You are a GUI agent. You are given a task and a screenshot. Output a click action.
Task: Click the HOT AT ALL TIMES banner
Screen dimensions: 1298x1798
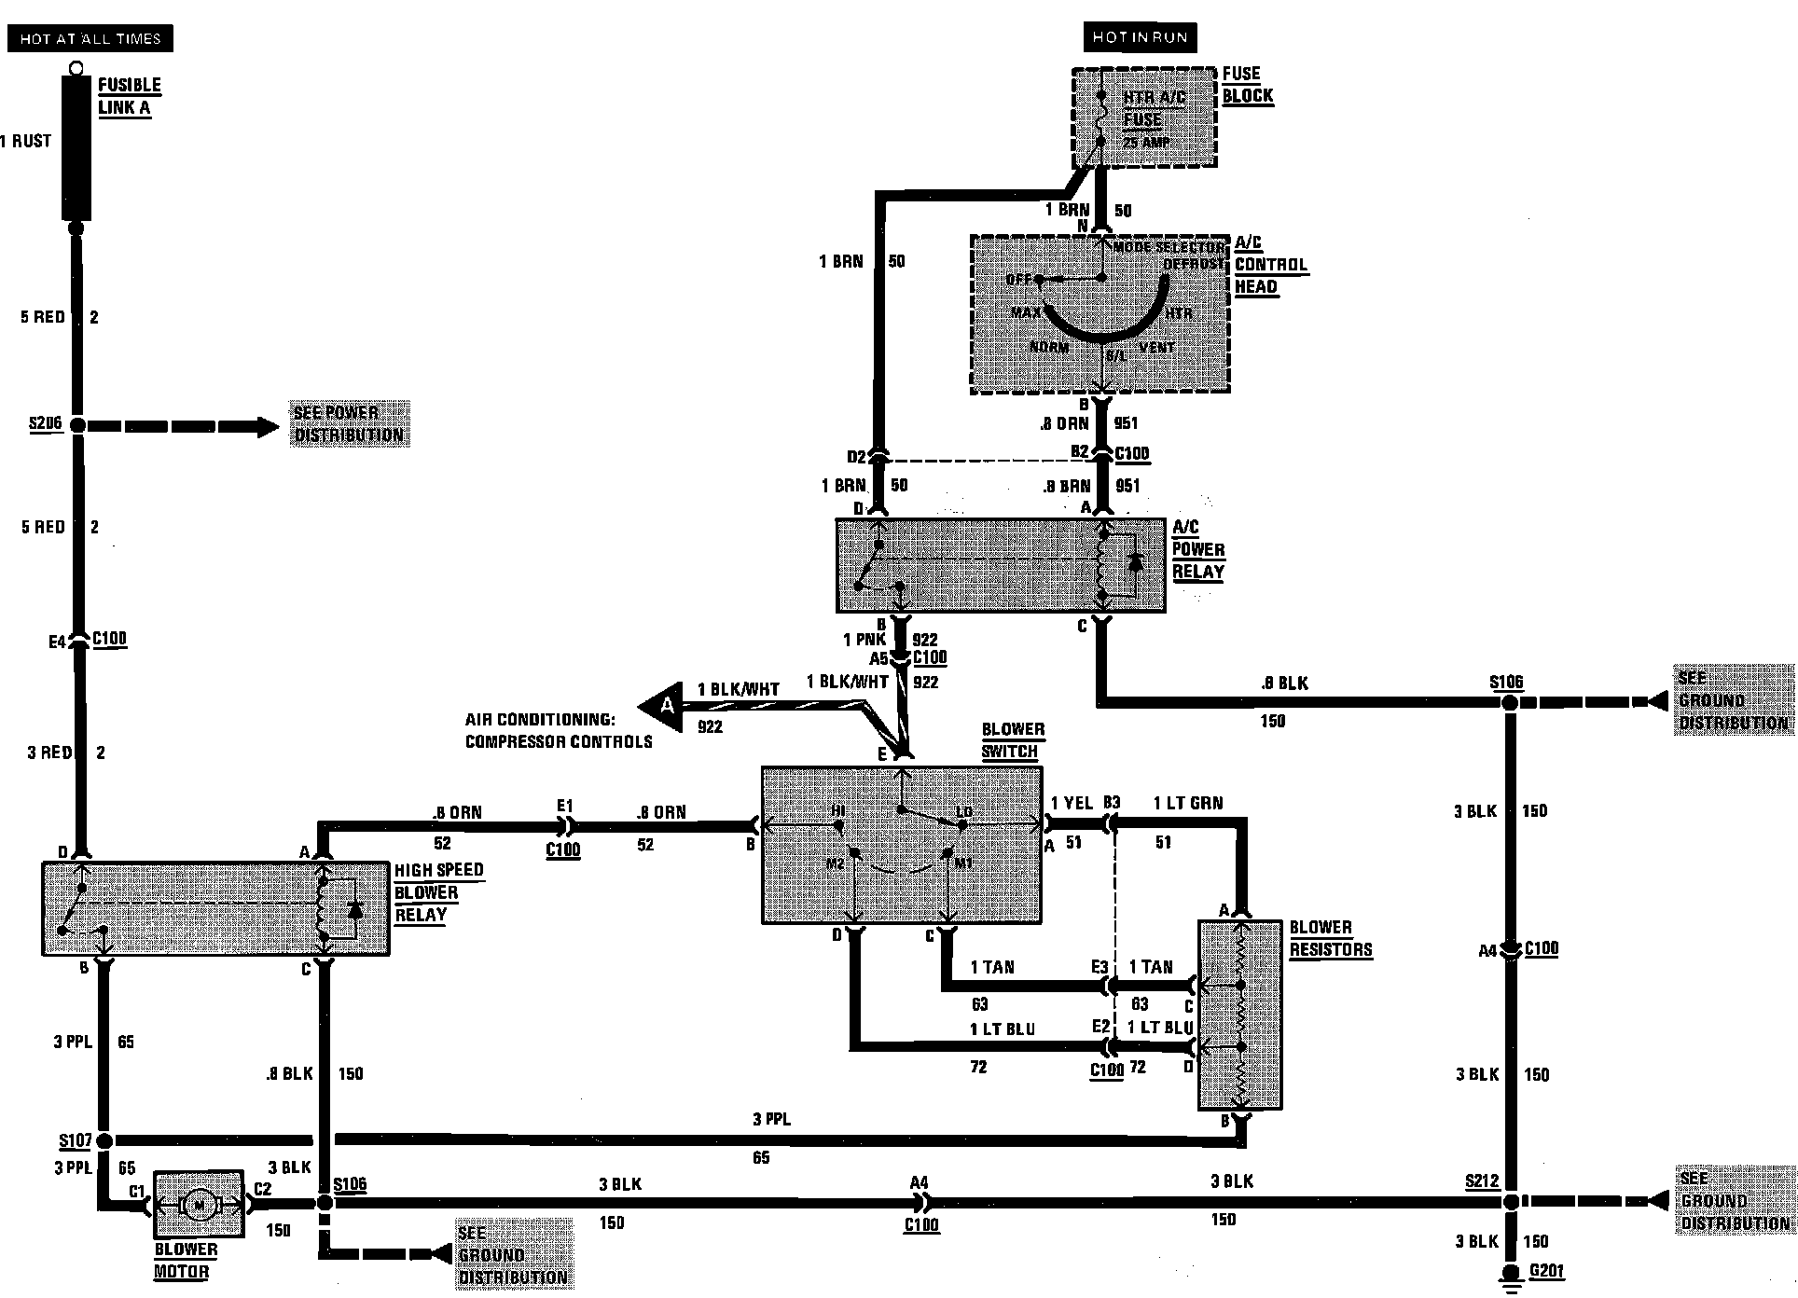[90, 38]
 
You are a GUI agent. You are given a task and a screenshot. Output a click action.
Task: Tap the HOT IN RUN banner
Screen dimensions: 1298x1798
[1140, 37]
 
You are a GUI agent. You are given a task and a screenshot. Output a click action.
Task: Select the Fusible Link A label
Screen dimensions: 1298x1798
[129, 96]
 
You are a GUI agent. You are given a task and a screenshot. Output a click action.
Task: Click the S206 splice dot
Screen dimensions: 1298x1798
[78, 425]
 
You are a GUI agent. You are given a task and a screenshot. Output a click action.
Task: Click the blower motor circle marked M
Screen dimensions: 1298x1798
[199, 1205]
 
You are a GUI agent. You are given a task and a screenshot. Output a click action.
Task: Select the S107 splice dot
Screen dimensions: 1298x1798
[104, 1140]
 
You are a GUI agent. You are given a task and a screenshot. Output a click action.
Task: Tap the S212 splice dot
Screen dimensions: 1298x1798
[1510, 1202]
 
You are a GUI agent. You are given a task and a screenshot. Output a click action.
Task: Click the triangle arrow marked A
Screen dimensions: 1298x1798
[663, 707]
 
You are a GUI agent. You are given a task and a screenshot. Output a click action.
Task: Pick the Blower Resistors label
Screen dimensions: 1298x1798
[1331, 938]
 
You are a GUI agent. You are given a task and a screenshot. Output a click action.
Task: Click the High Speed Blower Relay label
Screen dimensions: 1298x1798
[438, 892]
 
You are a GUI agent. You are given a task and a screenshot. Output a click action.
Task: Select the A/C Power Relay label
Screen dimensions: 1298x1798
[1198, 549]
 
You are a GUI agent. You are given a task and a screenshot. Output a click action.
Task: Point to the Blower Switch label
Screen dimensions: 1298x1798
[1013, 740]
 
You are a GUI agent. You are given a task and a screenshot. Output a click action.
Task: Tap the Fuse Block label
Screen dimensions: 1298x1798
[1247, 85]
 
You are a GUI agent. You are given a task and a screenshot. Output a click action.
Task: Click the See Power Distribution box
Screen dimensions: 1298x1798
[349, 424]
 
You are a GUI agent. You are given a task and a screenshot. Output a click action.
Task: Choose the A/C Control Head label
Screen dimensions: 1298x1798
[1270, 265]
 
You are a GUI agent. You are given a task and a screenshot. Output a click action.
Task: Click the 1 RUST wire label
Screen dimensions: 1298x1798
[26, 141]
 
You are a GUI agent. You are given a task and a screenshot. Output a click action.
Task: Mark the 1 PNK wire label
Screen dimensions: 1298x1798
[864, 640]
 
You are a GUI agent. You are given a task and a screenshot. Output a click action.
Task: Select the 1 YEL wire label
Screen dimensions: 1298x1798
[1072, 803]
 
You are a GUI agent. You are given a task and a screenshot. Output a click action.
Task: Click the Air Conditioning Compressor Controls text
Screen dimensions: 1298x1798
[558, 731]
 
